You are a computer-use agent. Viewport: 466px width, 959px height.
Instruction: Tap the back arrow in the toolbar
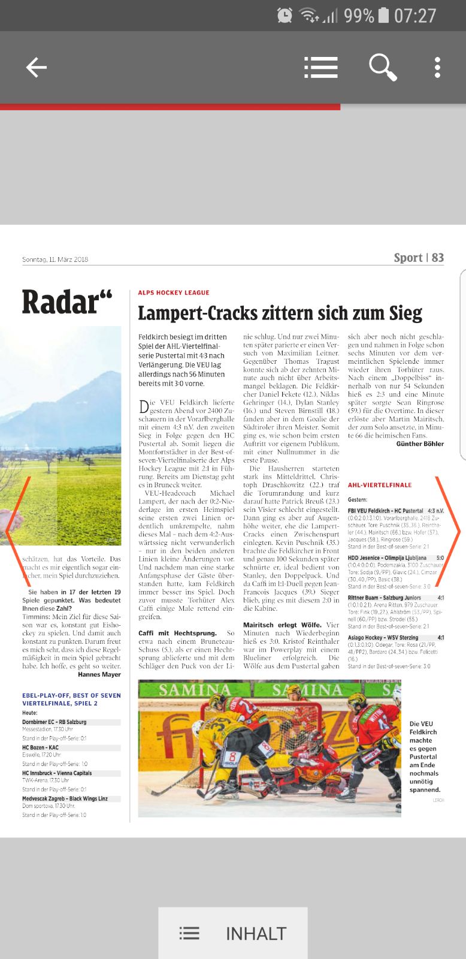point(36,68)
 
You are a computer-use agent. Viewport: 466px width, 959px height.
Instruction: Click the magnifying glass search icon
point(382,67)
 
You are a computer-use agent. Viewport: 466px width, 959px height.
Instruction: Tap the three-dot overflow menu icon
point(438,68)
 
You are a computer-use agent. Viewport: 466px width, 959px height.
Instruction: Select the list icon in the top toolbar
point(320,68)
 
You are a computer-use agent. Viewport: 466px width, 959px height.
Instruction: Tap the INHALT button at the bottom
point(233,933)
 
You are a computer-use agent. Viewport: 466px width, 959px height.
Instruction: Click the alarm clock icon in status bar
point(285,16)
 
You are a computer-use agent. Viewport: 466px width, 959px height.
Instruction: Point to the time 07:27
point(414,16)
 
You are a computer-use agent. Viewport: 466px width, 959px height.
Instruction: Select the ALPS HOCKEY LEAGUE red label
point(174,292)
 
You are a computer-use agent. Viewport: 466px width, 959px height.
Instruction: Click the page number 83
point(438,258)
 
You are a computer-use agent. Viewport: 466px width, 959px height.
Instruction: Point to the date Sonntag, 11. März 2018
point(55,260)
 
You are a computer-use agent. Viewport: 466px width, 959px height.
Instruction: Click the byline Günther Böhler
point(420,444)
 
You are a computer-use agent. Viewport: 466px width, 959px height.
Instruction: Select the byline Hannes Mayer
point(99,674)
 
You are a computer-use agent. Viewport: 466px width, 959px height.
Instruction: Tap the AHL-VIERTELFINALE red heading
point(380,485)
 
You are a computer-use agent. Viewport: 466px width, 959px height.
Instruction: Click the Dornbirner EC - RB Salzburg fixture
point(55,722)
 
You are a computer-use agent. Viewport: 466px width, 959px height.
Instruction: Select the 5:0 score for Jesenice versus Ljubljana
point(440,558)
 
